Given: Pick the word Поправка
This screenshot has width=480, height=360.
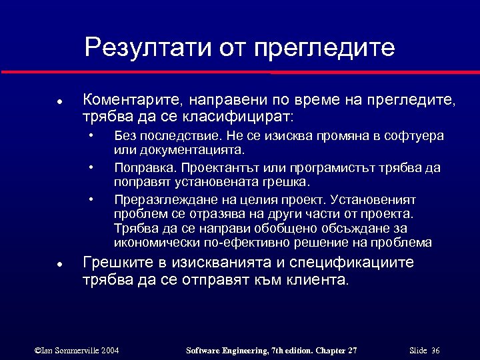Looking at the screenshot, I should pos(140,167).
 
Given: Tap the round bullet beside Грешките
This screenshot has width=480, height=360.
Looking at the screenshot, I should pos(59,263).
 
